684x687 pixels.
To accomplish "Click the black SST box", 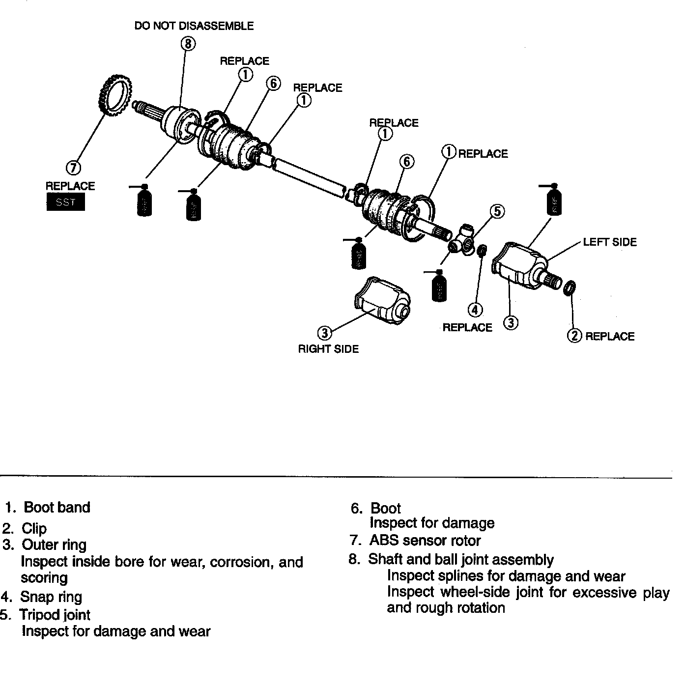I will coord(65,202).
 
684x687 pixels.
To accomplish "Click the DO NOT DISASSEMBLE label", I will coord(194,26).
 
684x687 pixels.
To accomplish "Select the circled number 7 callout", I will coord(73,168).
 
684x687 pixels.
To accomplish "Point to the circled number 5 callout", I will coord(497,211).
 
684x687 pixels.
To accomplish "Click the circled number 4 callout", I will coord(475,310).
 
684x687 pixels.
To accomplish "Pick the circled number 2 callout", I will coord(574,336).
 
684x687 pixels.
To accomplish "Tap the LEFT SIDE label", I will coord(610,242).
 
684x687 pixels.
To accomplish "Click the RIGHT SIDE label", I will coord(328,349).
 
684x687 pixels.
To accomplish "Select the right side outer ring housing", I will coord(382,300).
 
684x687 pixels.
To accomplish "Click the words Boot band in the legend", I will coord(57,507).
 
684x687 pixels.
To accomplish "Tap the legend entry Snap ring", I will coord(51,597).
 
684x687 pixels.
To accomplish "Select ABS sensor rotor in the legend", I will coord(425,541).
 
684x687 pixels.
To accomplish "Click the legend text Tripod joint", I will coord(55,615).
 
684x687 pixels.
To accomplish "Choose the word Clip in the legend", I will coord(34,528).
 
